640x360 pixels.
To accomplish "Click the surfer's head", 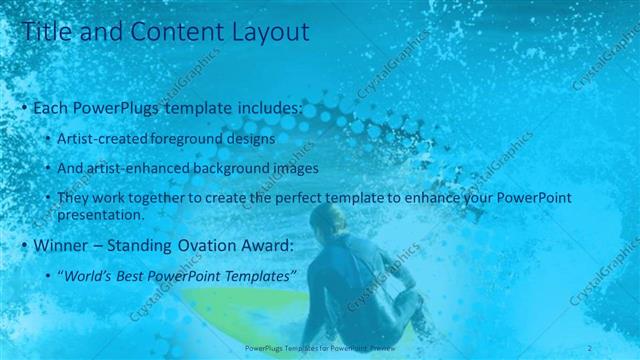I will (x=327, y=219).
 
